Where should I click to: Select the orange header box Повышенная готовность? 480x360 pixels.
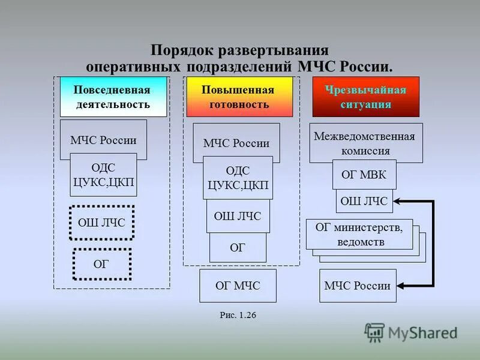coord(239,97)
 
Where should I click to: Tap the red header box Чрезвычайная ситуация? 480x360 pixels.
coord(365,97)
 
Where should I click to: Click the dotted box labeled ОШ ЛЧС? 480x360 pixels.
coord(101,223)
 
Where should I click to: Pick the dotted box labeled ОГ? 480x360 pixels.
coord(101,264)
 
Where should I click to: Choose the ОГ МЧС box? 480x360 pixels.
coord(238,286)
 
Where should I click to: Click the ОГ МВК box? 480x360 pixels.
coord(364,175)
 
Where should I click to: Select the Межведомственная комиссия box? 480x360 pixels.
coord(366,143)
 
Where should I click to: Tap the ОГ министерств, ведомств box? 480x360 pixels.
coord(359,235)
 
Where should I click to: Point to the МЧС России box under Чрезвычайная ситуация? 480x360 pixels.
coord(357,286)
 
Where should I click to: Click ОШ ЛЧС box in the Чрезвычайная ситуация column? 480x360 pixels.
coord(364,201)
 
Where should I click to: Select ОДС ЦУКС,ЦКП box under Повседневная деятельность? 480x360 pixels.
coord(103,175)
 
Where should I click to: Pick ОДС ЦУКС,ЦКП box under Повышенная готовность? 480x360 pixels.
coord(238,178)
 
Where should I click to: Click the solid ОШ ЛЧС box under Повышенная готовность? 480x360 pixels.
coord(238,216)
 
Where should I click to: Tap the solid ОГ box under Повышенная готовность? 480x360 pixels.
coord(238,247)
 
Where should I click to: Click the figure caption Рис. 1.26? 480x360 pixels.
coord(238,314)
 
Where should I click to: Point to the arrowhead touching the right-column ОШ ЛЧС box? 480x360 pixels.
coord(398,201)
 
